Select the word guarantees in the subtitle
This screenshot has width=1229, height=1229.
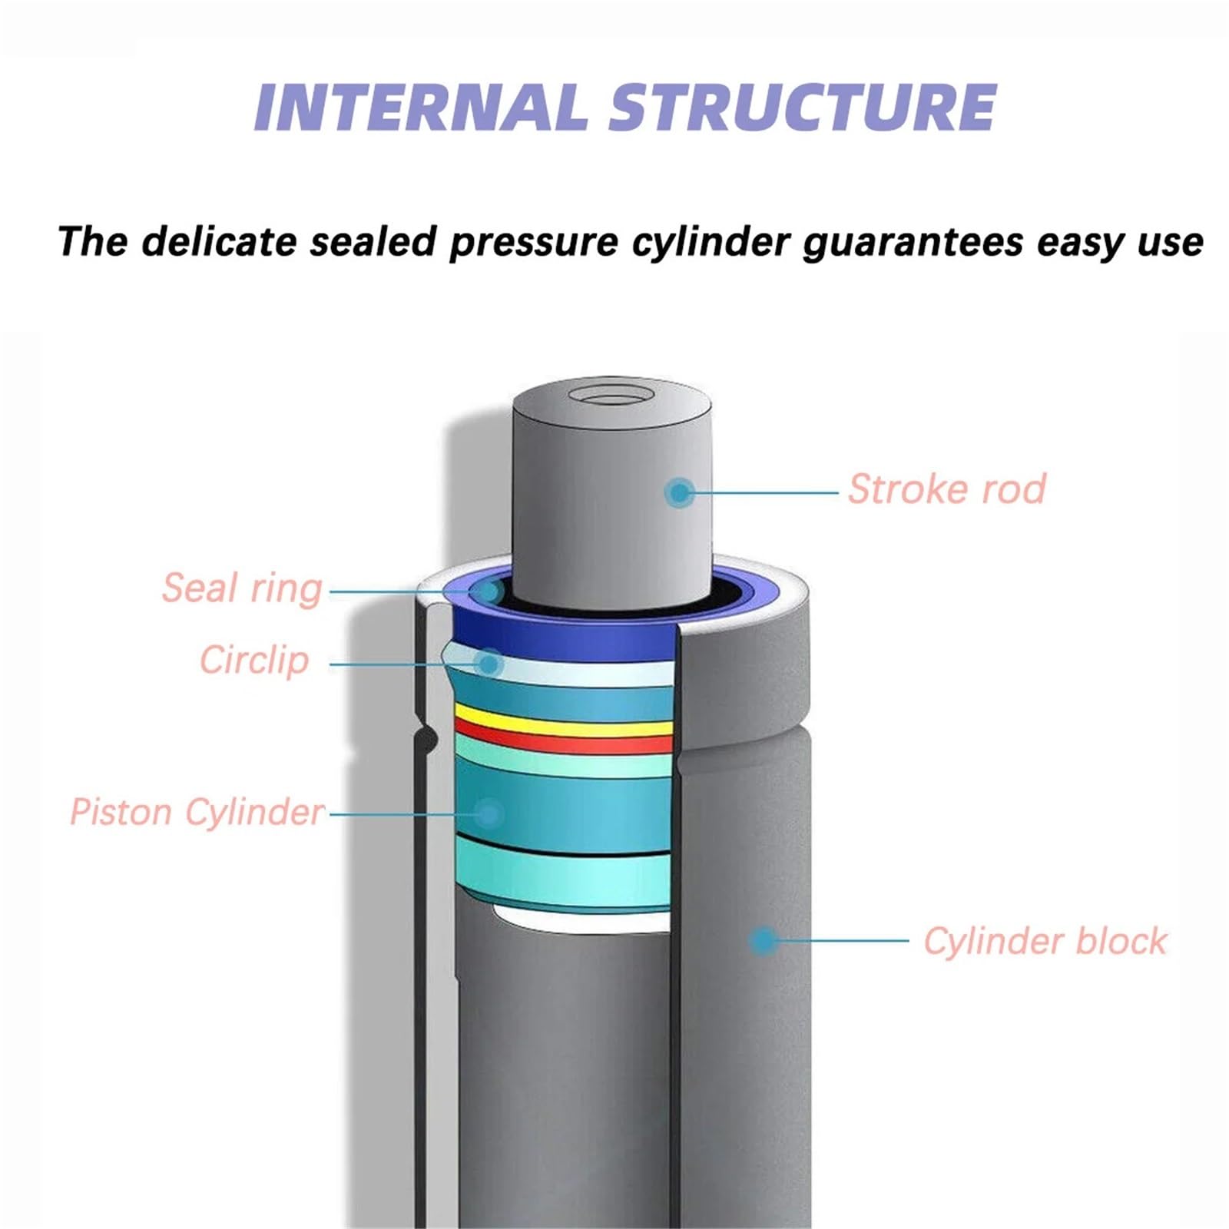[912, 243]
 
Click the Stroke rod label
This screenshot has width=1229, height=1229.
[946, 489]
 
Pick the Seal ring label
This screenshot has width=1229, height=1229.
[242, 588]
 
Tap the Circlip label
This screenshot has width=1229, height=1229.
[254, 660]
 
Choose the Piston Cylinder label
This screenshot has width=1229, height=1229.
[197, 812]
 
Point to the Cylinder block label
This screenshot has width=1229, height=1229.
[1045, 941]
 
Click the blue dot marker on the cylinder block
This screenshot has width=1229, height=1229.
[762, 940]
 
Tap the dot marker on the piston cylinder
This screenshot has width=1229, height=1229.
[489, 813]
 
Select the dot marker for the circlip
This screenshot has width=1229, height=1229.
[489, 662]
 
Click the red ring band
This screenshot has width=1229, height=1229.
[565, 737]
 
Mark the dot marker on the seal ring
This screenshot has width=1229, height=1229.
[487, 591]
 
